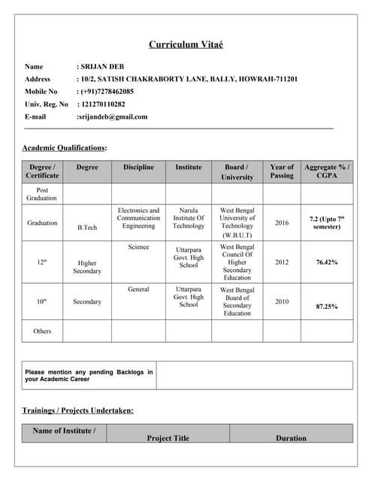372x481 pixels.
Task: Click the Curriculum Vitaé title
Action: click(x=186, y=44)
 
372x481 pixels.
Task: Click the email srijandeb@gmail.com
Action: click(x=113, y=116)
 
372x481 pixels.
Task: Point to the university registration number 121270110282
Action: click(x=104, y=104)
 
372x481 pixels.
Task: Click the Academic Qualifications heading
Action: click(x=65, y=148)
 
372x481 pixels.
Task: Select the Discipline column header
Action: click(x=138, y=167)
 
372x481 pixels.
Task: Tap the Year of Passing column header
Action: click(x=282, y=171)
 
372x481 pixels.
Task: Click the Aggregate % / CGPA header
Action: click(x=327, y=171)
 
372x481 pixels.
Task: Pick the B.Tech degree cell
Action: click(x=87, y=227)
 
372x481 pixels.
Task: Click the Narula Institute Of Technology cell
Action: click(x=189, y=218)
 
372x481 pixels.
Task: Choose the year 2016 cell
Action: click(x=282, y=222)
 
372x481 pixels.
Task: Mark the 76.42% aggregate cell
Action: click(x=327, y=262)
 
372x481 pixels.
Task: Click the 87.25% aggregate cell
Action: click(x=327, y=307)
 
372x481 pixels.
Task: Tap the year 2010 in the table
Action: click(x=282, y=301)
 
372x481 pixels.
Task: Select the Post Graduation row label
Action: click(x=42, y=194)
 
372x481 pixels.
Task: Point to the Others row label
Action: click(x=42, y=331)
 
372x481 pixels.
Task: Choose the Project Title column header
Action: click(x=168, y=438)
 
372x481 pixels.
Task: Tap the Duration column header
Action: click(x=291, y=438)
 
